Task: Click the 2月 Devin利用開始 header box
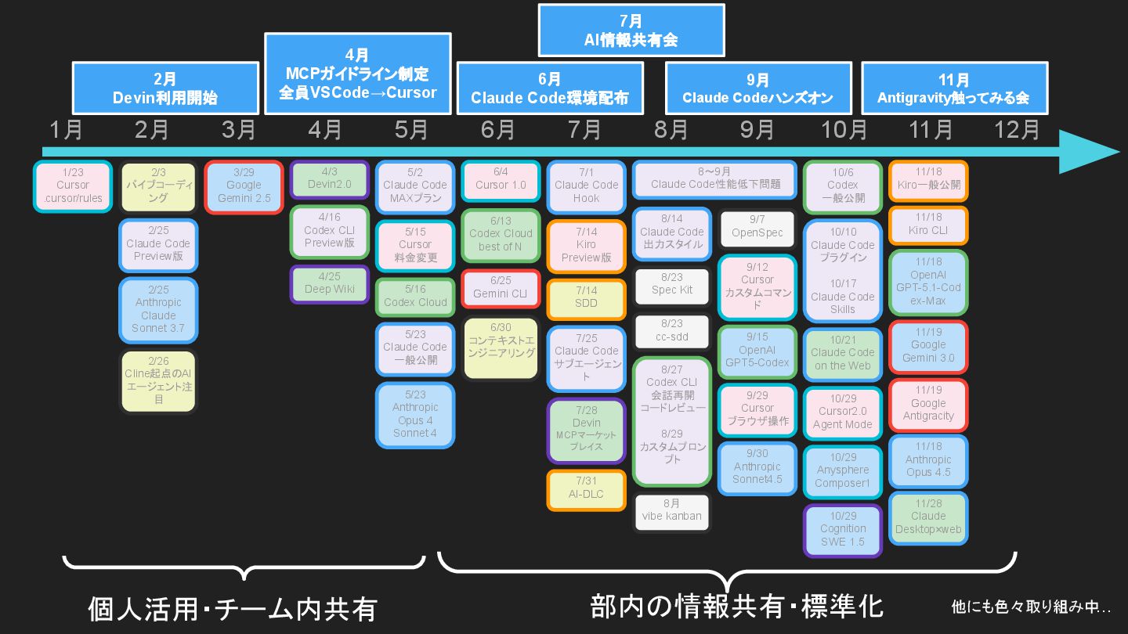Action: [165, 88]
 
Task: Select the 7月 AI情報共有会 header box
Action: [631, 31]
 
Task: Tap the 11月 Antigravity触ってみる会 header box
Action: [953, 88]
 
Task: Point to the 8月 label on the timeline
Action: [671, 129]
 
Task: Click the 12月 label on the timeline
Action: [1017, 129]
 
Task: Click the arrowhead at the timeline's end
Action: [1093, 152]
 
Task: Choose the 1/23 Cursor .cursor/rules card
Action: [73, 186]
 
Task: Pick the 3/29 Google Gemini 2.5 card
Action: [244, 186]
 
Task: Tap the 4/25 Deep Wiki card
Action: [330, 283]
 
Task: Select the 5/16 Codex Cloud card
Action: [415, 297]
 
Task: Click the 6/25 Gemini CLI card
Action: [500, 288]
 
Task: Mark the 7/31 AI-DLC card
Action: [586, 488]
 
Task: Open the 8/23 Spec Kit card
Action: [672, 284]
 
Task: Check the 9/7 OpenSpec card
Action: [757, 227]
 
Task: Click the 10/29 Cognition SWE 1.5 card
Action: [843, 529]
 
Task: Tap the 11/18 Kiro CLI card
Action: [928, 225]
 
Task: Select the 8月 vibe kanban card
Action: [672, 510]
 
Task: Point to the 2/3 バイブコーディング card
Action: [158, 186]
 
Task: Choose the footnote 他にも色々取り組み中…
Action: [1031, 606]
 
